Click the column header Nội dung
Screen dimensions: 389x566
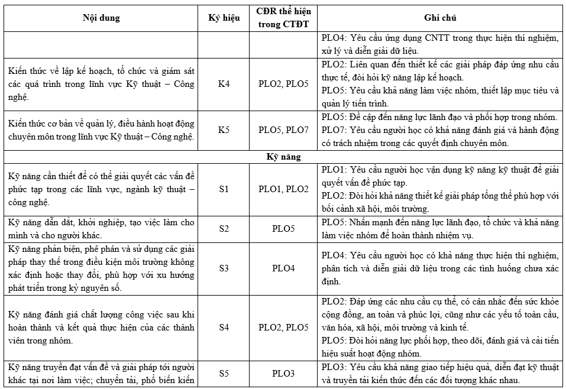(x=101, y=18)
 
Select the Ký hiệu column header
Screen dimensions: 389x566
(x=224, y=18)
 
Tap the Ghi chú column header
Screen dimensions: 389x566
(x=440, y=18)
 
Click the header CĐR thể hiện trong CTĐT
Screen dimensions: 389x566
(x=283, y=18)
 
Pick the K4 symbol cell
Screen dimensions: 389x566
(x=224, y=83)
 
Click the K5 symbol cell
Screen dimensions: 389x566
(x=224, y=129)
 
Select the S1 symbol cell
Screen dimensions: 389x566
(x=224, y=189)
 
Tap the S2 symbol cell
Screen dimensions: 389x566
(x=224, y=228)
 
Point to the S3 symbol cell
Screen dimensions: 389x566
(x=224, y=268)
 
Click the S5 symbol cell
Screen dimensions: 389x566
(x=224, y=374)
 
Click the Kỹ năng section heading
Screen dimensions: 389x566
(x=283, y=157)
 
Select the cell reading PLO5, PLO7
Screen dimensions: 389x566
(x=283, y=129)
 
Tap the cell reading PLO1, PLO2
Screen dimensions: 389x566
(x=283, y=189)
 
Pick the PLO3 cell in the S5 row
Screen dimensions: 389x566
(x=283, y=374)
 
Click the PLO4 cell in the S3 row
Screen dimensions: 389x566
(x=283, y=268)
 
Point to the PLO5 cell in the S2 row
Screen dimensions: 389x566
(x=283, y=228)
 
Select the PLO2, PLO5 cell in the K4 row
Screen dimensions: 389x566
(x=283, y=83)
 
